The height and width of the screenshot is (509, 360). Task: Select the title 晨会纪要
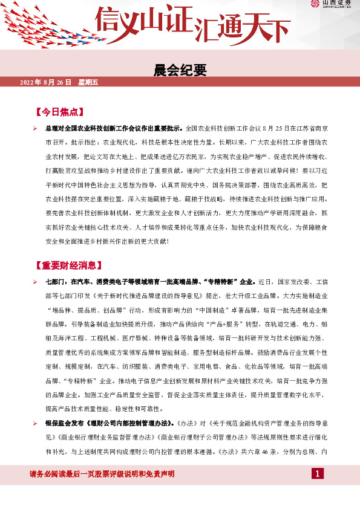[180, 71]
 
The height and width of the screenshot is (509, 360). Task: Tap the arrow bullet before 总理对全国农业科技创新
[35, 129]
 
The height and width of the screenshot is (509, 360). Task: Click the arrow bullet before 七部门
[35, 282]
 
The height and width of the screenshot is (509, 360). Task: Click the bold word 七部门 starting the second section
[57, 282]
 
